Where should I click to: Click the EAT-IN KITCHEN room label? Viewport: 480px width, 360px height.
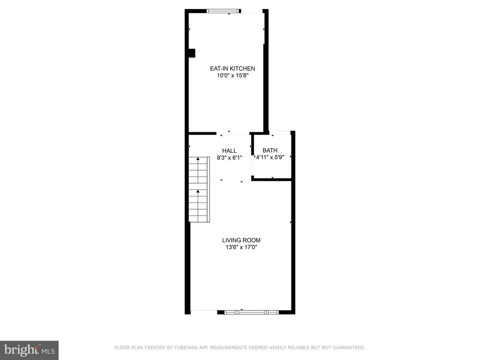(232, 68)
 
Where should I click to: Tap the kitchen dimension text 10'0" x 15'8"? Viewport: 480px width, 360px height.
(232, 75)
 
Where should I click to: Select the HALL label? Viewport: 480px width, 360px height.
(229, 150)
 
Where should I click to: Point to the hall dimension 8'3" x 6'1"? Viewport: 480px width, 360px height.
(230, 157)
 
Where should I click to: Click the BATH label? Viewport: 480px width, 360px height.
(270, 150)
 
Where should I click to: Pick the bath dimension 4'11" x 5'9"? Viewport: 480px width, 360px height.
(270, 157)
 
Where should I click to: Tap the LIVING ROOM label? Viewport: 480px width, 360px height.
(241, 240)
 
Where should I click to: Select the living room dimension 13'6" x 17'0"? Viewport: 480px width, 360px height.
(241, 247)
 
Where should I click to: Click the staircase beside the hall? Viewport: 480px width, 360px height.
(199, 189)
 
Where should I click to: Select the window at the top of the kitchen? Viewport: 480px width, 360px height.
(223, 11)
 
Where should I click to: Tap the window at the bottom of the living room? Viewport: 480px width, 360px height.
(252, 312)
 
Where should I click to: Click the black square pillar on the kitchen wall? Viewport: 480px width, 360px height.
(192, 53)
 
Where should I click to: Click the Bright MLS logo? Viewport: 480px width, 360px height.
(30, 350)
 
